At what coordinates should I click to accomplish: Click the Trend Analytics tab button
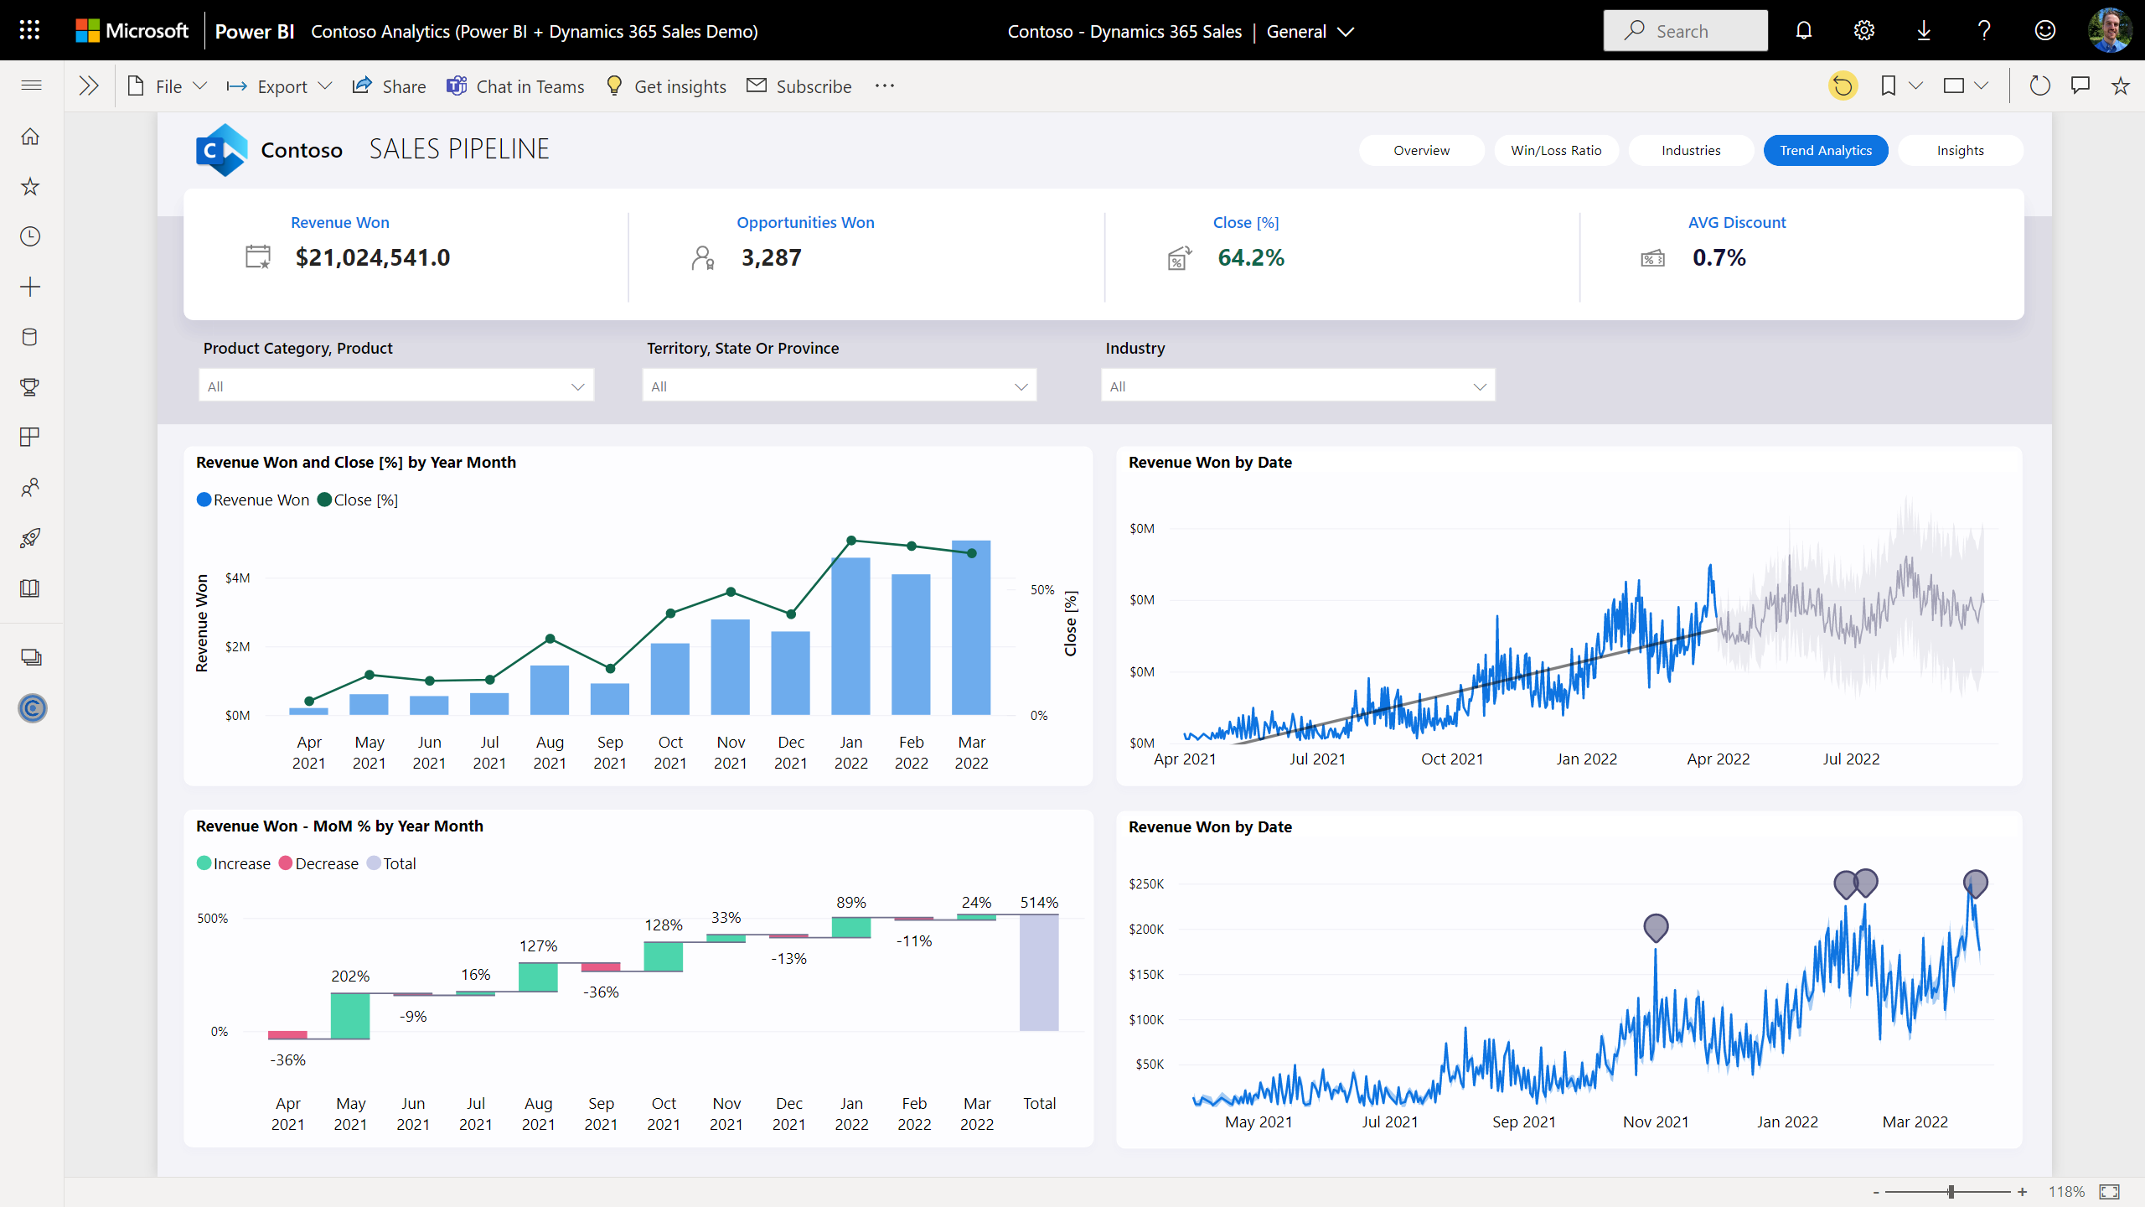click(x=1825, y=151)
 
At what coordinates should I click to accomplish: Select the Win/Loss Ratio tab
click(x=1556, y=151)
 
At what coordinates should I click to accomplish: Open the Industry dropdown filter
click(x=1297, y=386)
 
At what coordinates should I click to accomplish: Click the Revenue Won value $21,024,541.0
click(x=372, y=257)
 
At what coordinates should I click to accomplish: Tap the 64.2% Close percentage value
click(x=1250, y=257)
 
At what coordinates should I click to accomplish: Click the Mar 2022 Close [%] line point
click(x=972, y=553)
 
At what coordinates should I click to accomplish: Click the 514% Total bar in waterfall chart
click(x=1039, y=972)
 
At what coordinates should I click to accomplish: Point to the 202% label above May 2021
click(x=350, y=976)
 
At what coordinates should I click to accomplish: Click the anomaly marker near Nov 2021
click(x=1656, y=926)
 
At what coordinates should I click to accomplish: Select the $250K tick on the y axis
click(x=1146, y=884)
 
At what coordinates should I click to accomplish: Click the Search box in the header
click(x=1685, y=31)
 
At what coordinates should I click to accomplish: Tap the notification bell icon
click(x=1804, y=31)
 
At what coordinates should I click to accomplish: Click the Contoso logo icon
click(x=221, y=150)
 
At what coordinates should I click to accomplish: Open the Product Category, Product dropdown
click(x=395, y=386)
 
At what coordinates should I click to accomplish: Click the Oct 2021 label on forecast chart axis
click(x=1452, y=759)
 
